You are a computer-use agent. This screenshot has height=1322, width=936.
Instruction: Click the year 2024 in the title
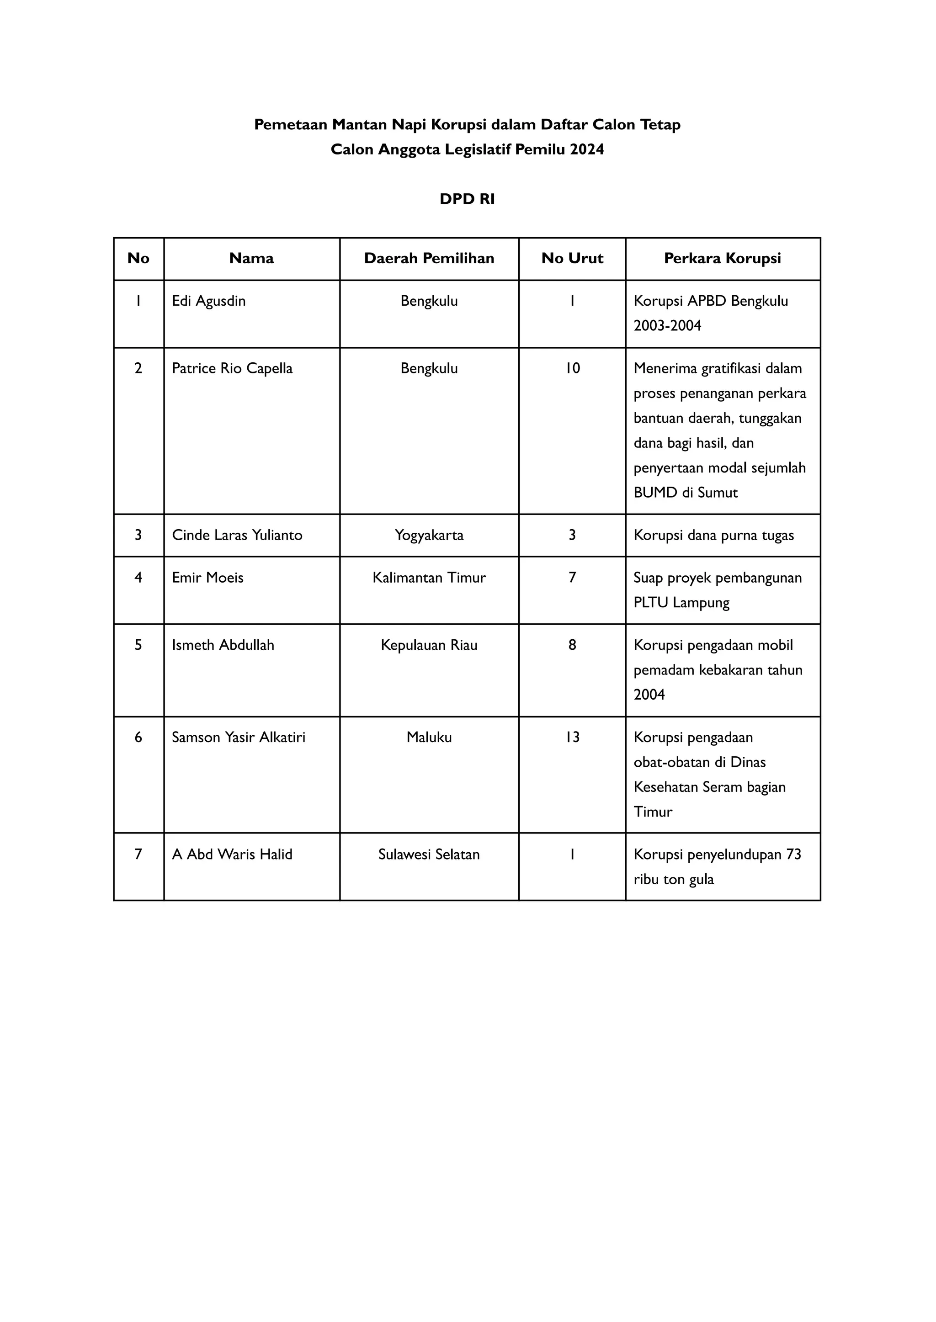(587, 150)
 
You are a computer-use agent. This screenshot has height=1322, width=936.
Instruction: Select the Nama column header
(251, 259)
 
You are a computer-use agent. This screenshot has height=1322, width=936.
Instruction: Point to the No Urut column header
(572, 259)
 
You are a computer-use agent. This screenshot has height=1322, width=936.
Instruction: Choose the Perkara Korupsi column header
(722, 259)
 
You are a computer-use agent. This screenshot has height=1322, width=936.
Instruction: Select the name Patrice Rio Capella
(232, 369)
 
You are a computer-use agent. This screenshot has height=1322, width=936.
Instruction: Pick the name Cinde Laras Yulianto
(237, 536)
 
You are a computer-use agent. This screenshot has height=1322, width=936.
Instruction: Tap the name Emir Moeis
(207, 578)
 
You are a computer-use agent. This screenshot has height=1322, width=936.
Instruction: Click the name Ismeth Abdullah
(223, 645)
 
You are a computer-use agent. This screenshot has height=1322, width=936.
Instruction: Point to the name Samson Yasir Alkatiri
(239, 738)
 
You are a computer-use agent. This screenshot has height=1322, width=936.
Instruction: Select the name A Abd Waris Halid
(232, 855)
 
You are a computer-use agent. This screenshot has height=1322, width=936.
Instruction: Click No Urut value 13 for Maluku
(572, 738)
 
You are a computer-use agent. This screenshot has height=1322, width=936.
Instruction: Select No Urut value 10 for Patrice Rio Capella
(572, 369)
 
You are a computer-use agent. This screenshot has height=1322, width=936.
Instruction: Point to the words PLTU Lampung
(681, 603)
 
